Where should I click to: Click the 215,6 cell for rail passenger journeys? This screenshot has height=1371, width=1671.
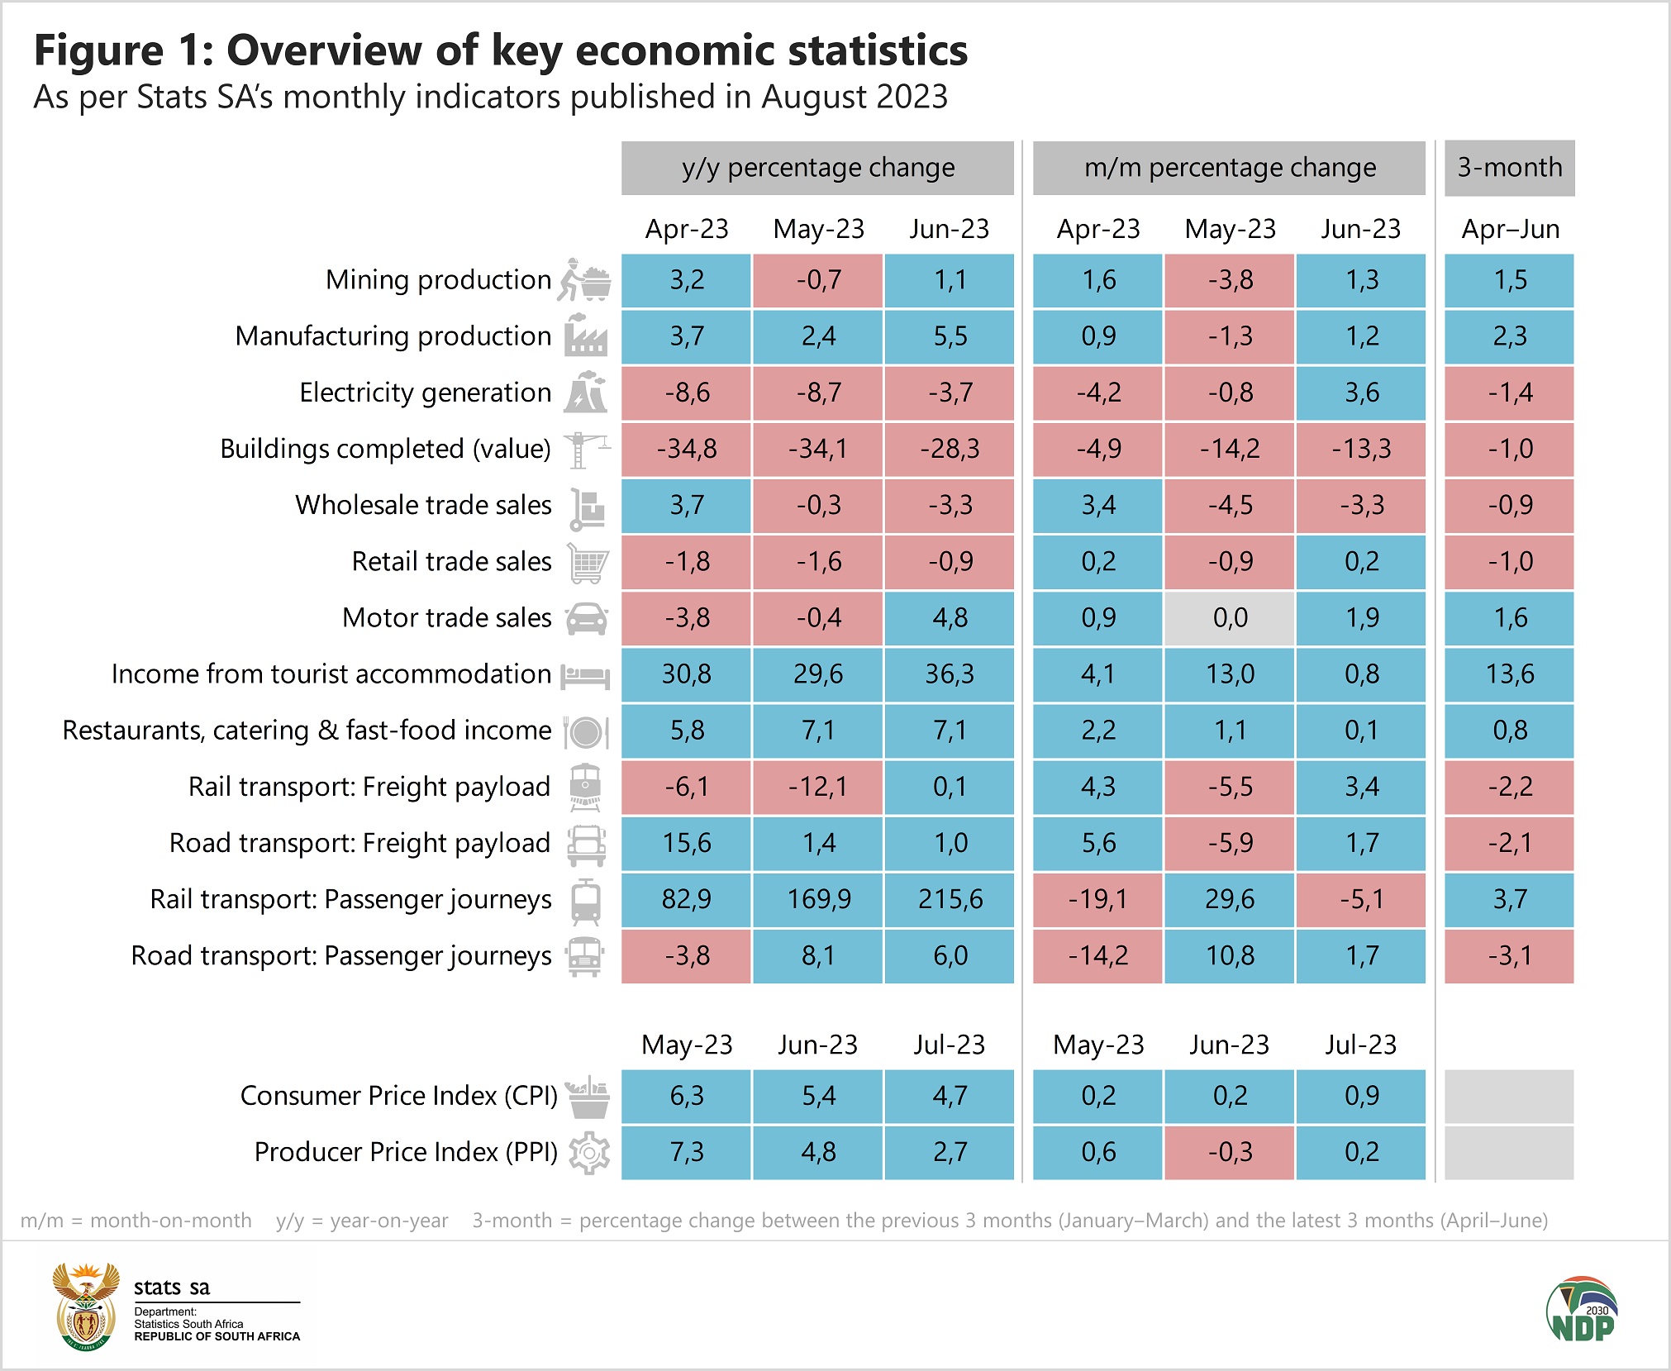point(950,899)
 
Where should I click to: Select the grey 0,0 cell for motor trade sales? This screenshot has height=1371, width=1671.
point(1230,618)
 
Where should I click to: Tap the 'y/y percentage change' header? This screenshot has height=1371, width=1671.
point(817,168)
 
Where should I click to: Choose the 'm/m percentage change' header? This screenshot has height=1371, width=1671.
point(1229,168)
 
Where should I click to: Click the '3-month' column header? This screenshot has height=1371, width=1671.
point(1509,168)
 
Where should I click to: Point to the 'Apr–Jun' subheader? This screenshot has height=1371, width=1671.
point(1510,229)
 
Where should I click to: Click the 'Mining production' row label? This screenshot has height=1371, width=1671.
point(438,280)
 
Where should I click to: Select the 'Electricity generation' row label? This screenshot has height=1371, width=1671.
point(425,393)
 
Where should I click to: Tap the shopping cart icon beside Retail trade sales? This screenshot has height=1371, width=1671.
point(588,562)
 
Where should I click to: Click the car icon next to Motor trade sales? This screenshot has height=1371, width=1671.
point(587,618)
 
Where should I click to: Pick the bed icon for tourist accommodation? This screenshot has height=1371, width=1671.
point(585,675)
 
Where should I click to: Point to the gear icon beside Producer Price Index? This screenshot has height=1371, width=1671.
point(589,1152)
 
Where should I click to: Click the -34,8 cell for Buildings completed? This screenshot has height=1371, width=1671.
point(687,450)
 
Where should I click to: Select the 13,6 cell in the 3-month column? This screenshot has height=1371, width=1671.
point(1510,674)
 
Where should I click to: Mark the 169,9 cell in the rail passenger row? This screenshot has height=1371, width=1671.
point(818,899)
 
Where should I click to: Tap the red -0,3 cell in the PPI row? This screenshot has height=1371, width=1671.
point(1230,1152)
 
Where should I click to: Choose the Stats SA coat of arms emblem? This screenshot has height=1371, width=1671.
point(86,1306)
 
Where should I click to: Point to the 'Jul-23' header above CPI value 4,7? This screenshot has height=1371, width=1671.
point(950,1045)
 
